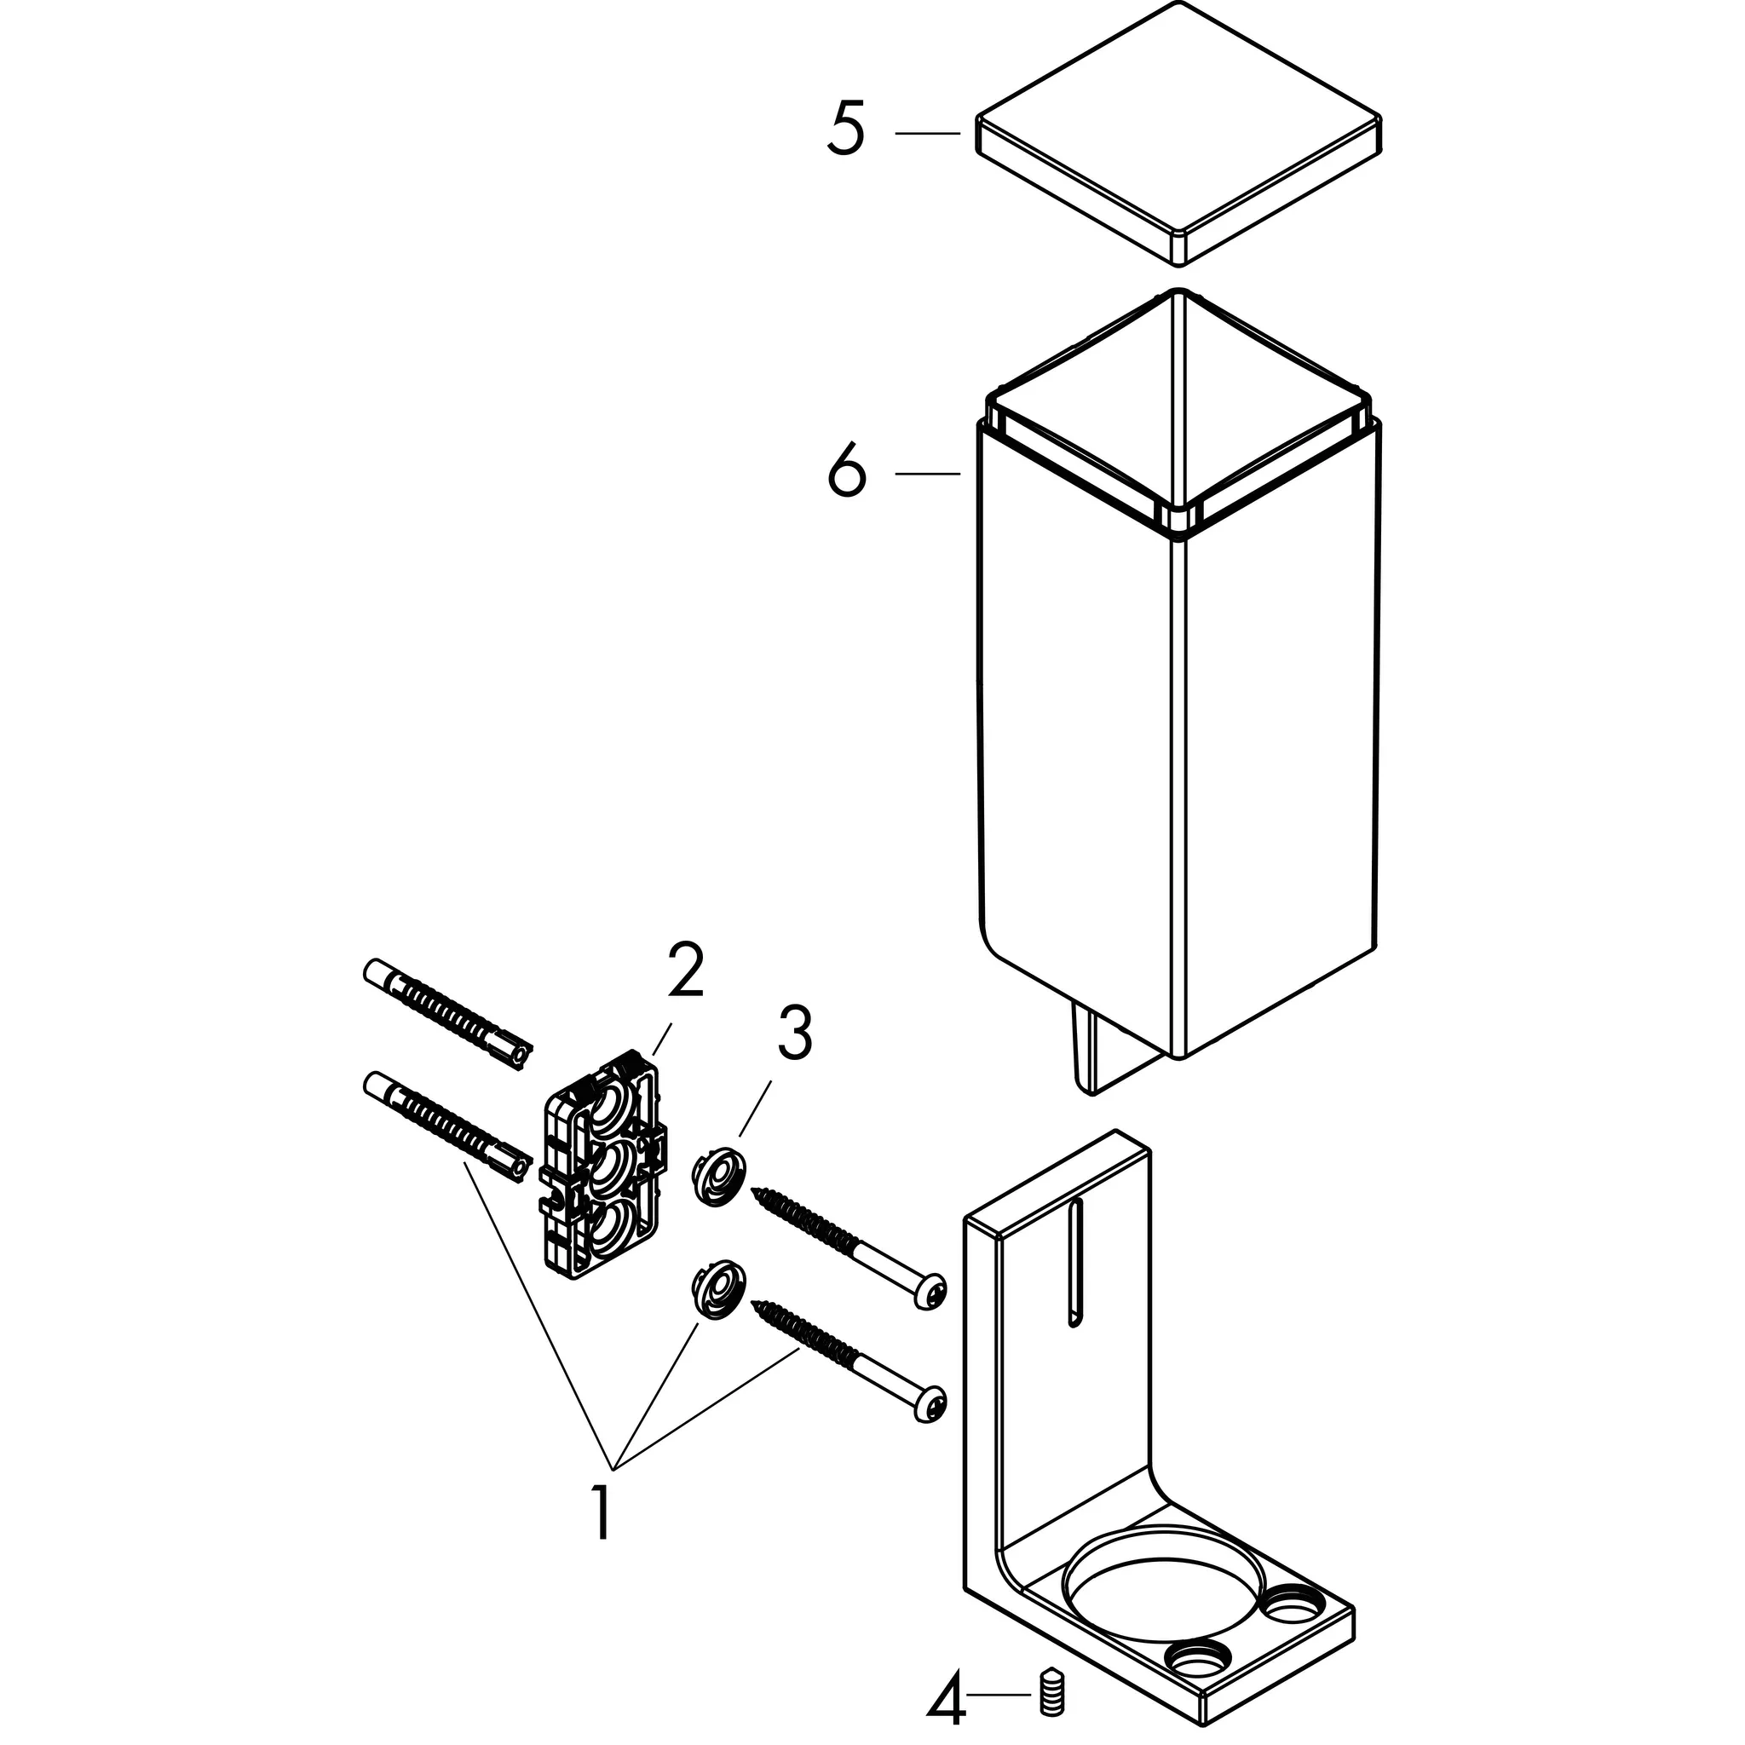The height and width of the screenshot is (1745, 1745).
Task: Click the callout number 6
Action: tap(846, 472)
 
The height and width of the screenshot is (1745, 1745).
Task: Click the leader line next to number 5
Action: tap(928, 133)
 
